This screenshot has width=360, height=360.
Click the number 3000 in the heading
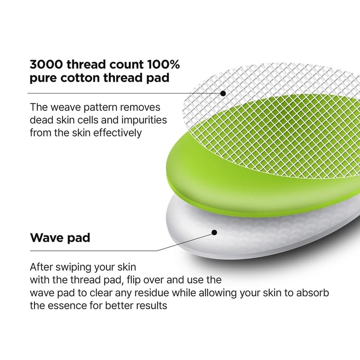coord(46,64)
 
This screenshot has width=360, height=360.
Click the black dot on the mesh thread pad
coord(223,93)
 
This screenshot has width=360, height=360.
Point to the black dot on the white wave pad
coord(214,233)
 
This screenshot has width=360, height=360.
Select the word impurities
coord(144,120)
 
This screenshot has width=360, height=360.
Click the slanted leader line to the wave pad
coord(185,241)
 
